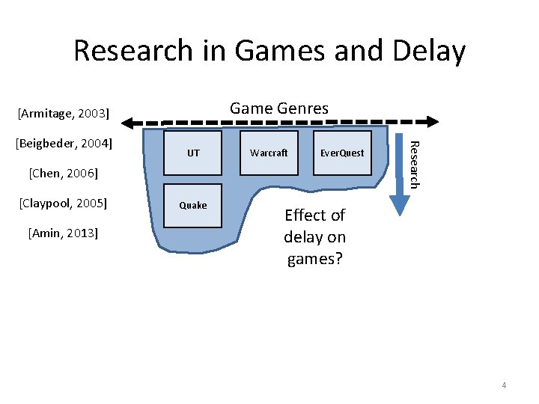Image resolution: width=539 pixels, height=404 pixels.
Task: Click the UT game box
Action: (193, 153)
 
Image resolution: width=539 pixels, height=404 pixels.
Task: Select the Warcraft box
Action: (269, 153)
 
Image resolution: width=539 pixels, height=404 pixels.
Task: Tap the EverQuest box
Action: (342, 153)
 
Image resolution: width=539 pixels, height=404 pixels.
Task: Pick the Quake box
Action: (193, 205)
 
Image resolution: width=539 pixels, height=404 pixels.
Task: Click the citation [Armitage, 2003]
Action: (64, 114)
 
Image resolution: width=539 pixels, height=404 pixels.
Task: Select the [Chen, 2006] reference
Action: (63, 173)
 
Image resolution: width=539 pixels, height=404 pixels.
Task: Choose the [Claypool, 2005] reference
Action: (63, 203)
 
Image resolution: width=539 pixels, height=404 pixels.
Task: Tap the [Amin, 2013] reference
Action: (63, 233)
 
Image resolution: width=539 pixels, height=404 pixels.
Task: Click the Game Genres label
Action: (278, 108)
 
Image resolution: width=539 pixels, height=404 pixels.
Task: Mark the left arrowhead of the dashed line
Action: (130, 121)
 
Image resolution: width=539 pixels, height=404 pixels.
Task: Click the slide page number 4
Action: (504, 385)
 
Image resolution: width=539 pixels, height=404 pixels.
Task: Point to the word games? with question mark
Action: (315, 260)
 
